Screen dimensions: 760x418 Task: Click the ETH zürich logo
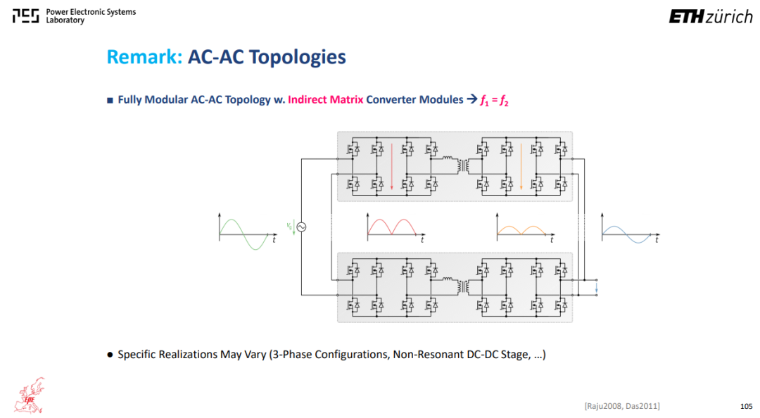711,17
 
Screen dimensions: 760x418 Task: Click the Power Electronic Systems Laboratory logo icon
26,16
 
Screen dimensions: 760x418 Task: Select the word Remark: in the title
144,57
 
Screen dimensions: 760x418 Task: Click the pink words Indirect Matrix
325,99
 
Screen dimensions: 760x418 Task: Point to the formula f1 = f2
495,101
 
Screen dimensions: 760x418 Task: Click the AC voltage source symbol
301,227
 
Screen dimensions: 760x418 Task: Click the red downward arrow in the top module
392,166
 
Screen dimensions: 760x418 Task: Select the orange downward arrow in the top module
521,166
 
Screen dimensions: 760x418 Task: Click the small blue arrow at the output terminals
597,288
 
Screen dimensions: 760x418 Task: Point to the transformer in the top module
464,166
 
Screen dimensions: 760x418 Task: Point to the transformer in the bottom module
464,287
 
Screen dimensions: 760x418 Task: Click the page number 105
747,406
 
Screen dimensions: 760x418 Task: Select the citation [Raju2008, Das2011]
622,406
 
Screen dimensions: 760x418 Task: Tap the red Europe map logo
29,395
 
